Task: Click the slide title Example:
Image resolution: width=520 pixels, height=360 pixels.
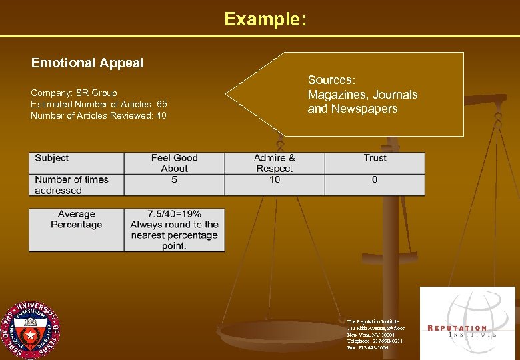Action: coord(265,19)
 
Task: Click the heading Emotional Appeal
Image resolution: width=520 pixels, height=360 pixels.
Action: coord(87,63)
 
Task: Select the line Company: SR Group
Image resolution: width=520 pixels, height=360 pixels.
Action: coord(74,93)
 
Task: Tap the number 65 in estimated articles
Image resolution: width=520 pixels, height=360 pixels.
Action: coord(161,105)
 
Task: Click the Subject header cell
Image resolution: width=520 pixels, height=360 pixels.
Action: coord(52,158)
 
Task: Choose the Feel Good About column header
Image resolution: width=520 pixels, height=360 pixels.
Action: coord(174,163)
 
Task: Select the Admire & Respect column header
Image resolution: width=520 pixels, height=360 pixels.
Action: coord(275,163)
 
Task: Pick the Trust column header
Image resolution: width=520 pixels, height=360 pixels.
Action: coord(375,158)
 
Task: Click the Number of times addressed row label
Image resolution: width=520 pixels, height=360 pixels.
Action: coord(71,185)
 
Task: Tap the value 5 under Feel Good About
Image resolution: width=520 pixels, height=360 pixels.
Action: coord(174,180)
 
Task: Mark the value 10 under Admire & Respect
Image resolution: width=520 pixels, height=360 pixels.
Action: coord(275,180)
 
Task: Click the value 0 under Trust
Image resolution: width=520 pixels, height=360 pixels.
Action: coord(375,180)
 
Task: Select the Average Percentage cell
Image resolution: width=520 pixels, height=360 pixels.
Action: coord(76,219)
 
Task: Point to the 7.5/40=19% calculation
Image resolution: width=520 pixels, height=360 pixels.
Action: coord(174,215)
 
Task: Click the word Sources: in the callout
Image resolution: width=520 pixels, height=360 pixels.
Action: coord(331,81)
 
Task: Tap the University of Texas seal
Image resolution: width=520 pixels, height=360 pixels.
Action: coord(29,331)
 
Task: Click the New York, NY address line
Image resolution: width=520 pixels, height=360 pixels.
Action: coord(371,334)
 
